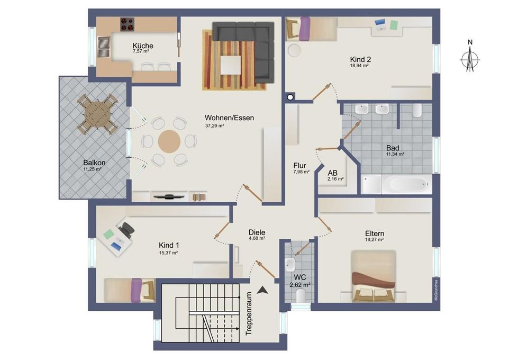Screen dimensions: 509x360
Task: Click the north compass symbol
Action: pyautogui.click(x=470, y=59)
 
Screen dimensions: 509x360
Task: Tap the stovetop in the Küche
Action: pyautogui.click(x=127, y=24)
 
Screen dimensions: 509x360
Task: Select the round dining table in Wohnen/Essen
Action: pyautogui.click(x=169, y=141)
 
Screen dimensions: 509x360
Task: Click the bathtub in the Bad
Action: pyautogui.click(x=407, y=184)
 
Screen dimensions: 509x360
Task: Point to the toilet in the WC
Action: pyautogui.click(x=301, y=295)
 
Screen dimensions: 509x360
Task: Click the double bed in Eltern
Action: pyautogui.click(x=374, y=276)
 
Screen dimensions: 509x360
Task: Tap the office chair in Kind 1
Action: pyautogui.click(x=127, y=229)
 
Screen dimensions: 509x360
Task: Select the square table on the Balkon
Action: pyautogui.click(x=97, y=114)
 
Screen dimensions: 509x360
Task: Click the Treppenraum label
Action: pyautogui.click(x=249, y=313)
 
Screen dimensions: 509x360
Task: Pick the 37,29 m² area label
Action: pyautogui.click(x=215, y=125)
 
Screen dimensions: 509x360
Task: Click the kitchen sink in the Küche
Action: pyautogui.click(x=104, y=47)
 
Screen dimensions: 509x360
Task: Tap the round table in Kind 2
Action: pyautogui.click(x=294, y=51)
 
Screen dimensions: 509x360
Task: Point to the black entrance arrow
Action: pyautogui.click(x=262, y=290)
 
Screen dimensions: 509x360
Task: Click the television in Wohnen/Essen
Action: pyautogui.click(x=169, y=196)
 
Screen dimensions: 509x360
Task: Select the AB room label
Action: pyautogui.click(x=332, y=173)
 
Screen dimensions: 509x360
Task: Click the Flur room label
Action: pyautogui.click(x=299, y=165)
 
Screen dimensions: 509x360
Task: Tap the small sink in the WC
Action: pyautogui.click(x=290, y=265)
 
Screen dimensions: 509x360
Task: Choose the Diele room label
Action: pyautogui.click(x=257, y=232)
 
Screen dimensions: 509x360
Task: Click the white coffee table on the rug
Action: pyautogui.click(x=231, y=65)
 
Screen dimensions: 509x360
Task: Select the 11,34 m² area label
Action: pyautogui.click(x=395, y=155)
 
